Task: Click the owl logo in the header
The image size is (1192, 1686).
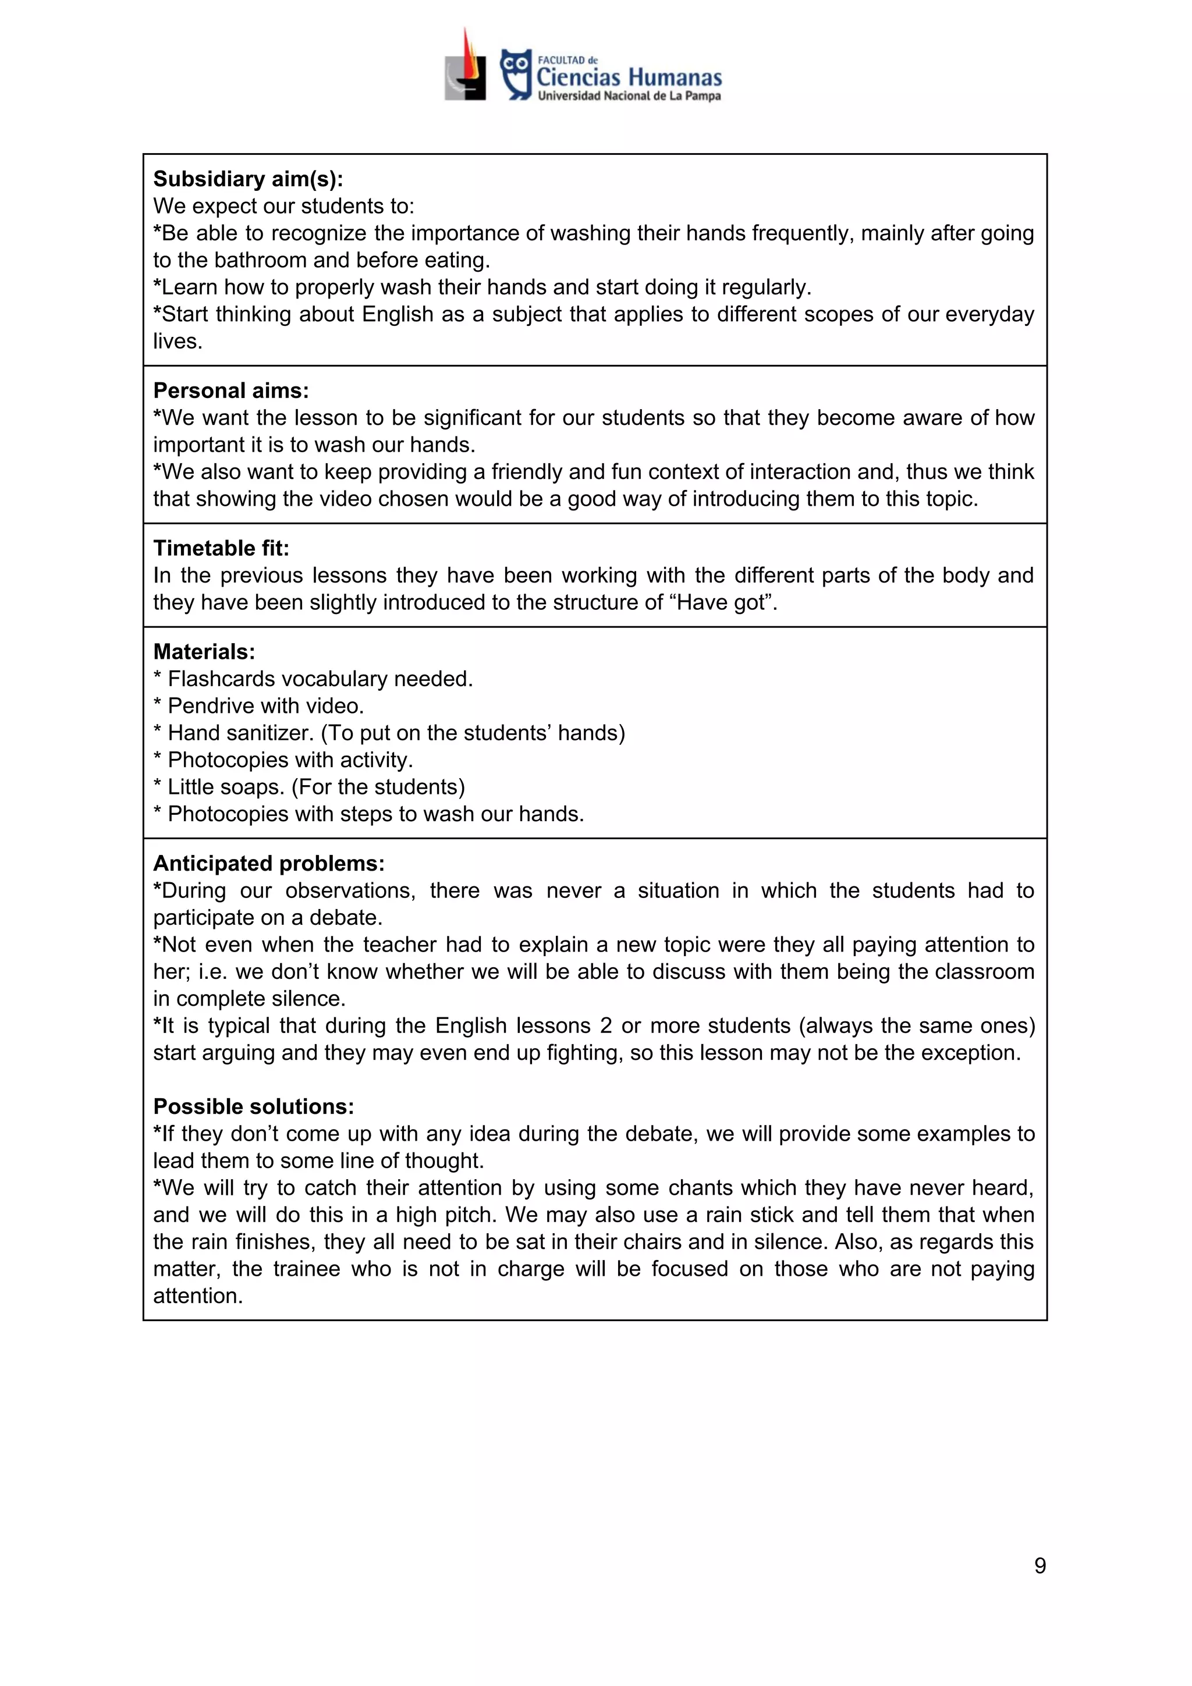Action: pyautogui.click(x=516, y=73)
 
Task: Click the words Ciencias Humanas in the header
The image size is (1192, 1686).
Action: pyautogui.click(x=629, y=77)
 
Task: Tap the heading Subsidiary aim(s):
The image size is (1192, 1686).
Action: pyautogui.click(x=247, y=179)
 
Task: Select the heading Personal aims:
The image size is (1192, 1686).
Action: pyautogui.click(x=230, y=390)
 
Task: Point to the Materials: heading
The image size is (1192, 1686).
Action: pyautogui.click(x=204, y=651)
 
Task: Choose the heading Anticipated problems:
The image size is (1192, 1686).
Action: pyautogui.click(x=268, y=863)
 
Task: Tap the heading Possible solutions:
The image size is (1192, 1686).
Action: pyautogui.click(x=253, y=1106)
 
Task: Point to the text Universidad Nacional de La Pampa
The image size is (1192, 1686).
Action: pyautogui.click(x=629, y=96)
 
